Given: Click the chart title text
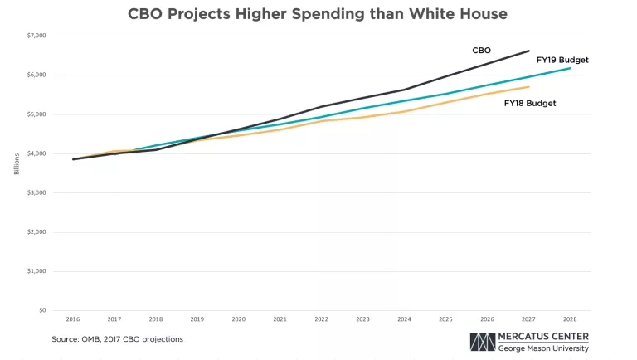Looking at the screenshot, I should [x=318, y=14].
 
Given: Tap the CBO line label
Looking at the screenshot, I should [x=482, y=51].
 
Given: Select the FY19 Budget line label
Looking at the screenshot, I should [x=562, y=60].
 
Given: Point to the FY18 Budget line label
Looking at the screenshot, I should [x=529, y=103].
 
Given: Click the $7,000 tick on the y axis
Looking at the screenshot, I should [x=36, y=36].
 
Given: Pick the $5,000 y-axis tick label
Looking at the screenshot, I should [x=36, y=114].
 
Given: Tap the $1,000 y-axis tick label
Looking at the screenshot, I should [x=36, y=271].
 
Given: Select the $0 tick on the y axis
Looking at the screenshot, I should [x=41, y=310].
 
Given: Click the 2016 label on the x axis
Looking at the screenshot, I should [x=73, y=319].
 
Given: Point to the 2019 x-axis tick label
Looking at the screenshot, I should [x=197, y=319].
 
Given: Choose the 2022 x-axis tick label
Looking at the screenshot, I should [x=322, y=319].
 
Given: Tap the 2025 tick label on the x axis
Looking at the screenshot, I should [x=445, y=319].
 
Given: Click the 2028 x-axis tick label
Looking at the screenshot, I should [x=570, y=319].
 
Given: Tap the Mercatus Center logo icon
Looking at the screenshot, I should [x=482, y=343].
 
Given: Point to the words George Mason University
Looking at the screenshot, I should [x=543, y=348].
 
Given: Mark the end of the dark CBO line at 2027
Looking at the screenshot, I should [x=528, y=51].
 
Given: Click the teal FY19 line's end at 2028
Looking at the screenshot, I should [x=570, y=68].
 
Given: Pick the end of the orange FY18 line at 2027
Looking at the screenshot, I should [x=528, y=86].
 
